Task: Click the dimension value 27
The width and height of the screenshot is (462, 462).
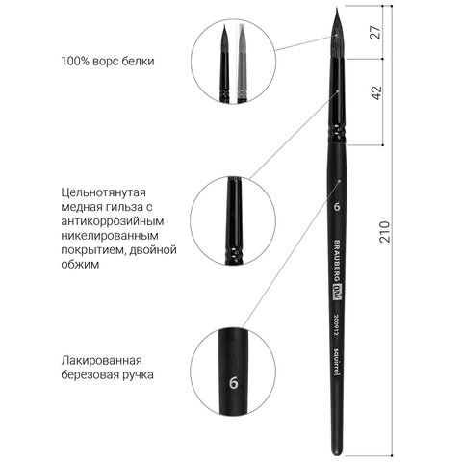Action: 375,32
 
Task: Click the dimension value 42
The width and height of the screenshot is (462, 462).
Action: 376,92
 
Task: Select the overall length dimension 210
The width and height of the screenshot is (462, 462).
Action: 384,232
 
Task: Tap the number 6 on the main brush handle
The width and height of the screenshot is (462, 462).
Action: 337,207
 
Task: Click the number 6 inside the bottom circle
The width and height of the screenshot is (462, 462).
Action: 234,382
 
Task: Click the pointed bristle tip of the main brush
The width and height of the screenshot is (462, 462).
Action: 334,9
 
